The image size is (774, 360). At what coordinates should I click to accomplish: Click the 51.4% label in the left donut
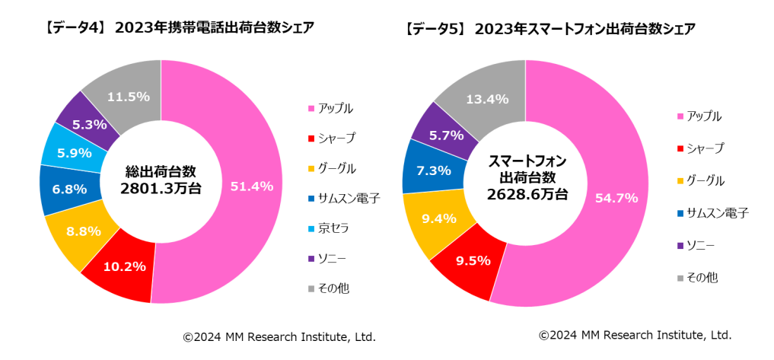coord(251,186)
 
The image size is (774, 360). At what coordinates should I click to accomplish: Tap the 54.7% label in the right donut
coord(616,198)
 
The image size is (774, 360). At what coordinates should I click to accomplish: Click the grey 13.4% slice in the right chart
coord(487,98)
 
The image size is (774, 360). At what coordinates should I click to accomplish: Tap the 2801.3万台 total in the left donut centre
coord(161,188)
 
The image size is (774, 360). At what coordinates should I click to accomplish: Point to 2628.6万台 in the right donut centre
coord(525,194)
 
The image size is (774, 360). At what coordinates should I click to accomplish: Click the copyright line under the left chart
coord(279,336)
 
